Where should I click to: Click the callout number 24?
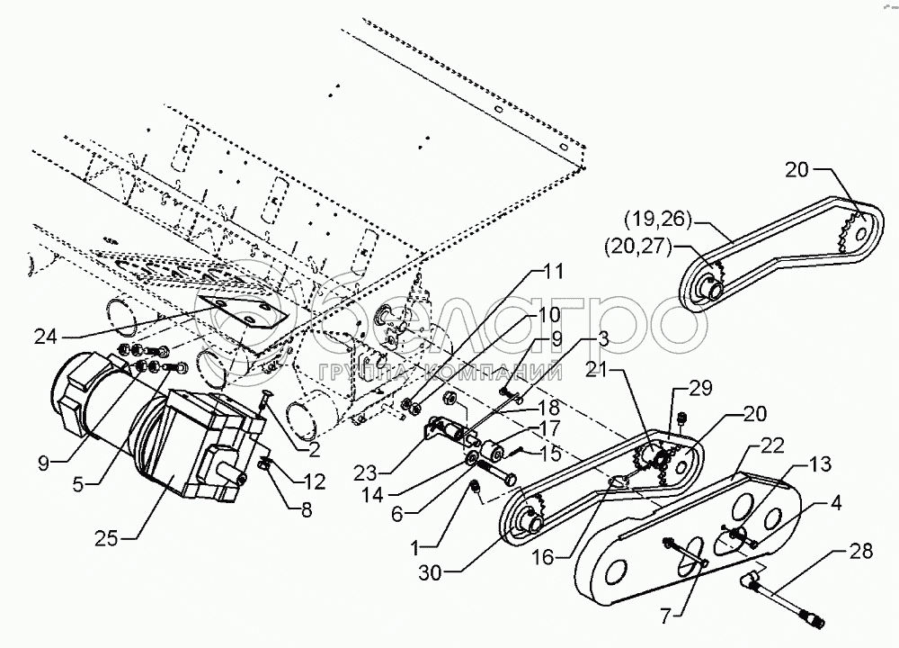click(46, 337)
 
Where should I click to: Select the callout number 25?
click(107, 538)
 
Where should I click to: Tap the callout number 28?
click(860, 552)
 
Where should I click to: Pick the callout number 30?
click(431, 572)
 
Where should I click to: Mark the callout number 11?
click(552, 271)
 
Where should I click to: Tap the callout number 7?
click(665, 617)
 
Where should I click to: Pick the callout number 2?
click(314, 450)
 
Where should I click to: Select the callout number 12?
click(313, 481)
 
